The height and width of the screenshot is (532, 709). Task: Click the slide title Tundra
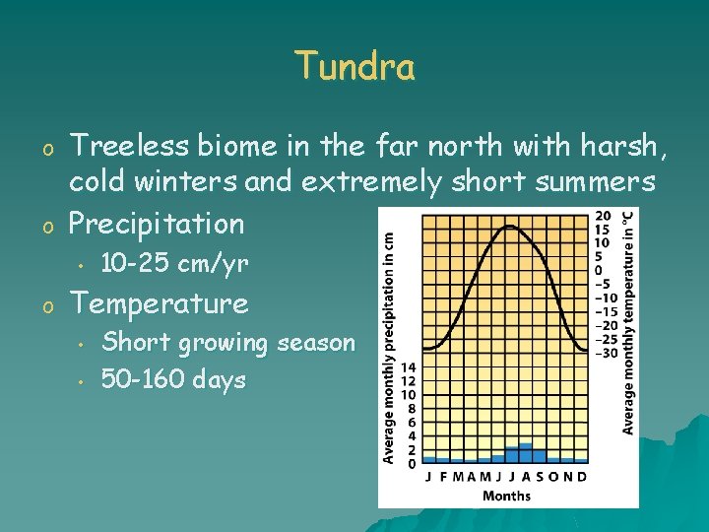[354, 67]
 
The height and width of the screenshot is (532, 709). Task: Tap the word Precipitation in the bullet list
[156, 224]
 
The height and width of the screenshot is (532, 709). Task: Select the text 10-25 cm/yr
[175, 264]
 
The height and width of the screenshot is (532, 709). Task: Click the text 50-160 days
[173, 379]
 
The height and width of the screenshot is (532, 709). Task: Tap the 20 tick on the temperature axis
[602, 216]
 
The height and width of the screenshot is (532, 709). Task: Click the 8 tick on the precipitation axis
[411, 408]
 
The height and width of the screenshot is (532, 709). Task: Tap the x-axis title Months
[506, 496]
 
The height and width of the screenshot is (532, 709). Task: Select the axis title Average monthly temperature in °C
[628, 322]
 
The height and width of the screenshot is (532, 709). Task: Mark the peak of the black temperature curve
[509, 226]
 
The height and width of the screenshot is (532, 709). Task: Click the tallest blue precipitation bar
[525, 452]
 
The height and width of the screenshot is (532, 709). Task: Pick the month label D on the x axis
[582, 477]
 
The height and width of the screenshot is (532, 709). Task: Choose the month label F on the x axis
[442, 477]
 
